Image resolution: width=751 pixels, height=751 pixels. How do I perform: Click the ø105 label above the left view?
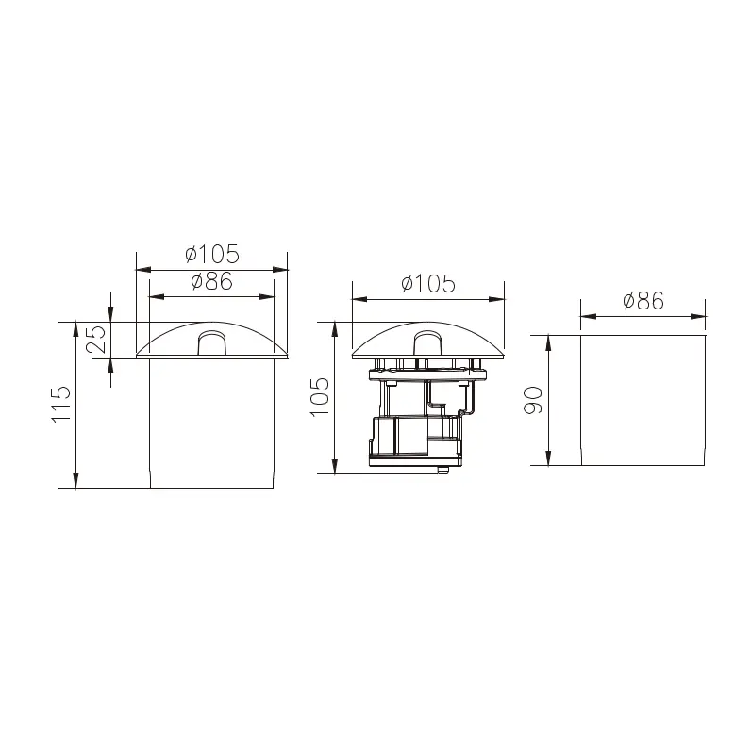click(212, 254)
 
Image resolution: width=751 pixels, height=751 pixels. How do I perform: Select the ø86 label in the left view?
click(212, 281)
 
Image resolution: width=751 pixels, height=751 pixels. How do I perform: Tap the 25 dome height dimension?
click(96, 340)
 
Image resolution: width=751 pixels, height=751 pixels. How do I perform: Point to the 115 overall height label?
click(60, 404)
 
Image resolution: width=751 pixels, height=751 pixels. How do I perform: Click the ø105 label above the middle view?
click(427, 283)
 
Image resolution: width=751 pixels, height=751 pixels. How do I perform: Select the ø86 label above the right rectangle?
click(643, 301)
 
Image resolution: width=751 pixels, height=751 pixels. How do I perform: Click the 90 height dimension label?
click(533, 399)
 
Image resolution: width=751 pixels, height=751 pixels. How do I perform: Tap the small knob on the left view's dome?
click(211, 341)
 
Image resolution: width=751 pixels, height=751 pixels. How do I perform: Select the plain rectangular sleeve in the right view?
click(643, 399)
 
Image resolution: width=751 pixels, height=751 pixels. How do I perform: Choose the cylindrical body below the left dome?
click(211, 423)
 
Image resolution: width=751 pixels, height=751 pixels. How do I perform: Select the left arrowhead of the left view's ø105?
click(142, 269)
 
